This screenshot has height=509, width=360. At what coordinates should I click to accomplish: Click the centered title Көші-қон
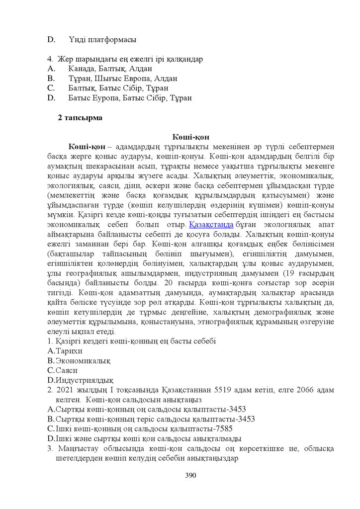[x=191, y=137]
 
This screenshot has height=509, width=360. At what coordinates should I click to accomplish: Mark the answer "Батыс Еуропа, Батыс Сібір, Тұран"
[x=130, y=98]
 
